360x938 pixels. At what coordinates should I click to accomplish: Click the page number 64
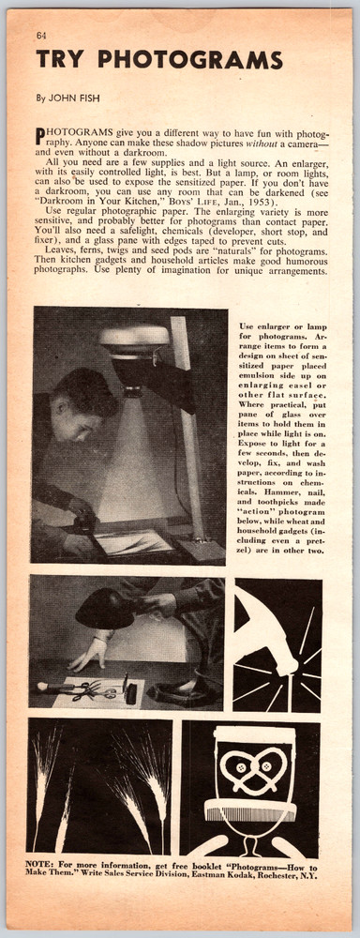(41, 36)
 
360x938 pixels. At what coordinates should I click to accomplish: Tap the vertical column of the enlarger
(187, 422)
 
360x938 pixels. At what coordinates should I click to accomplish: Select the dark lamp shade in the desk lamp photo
(104, 609)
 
